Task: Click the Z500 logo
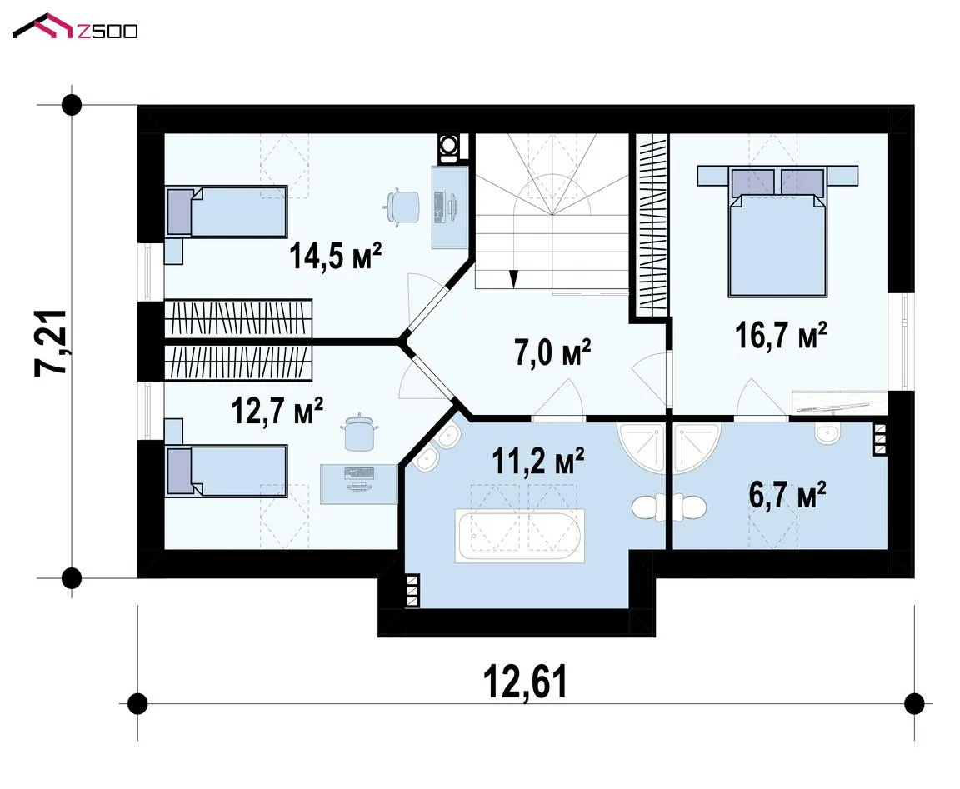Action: pos(75,27)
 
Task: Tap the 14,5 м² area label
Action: pos(336,256)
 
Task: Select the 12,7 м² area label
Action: pos(277,411)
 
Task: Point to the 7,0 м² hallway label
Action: pos(552,352)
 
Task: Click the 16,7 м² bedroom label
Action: pos(781,335)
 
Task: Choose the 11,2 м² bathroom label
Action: pos(538,460)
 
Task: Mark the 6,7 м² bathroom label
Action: pos(787,495)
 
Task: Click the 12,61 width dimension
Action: pos(525,682)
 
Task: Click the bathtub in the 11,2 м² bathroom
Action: pos(520,536)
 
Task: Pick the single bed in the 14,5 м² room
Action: pos(227,212)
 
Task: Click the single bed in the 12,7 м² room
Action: pos(227,471)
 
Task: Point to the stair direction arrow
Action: pos(513,278)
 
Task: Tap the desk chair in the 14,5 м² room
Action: pos(402,207)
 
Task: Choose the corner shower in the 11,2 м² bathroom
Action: pos(641,448)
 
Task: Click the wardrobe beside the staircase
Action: pos(652,225)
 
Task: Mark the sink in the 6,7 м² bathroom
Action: pos(827,434)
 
